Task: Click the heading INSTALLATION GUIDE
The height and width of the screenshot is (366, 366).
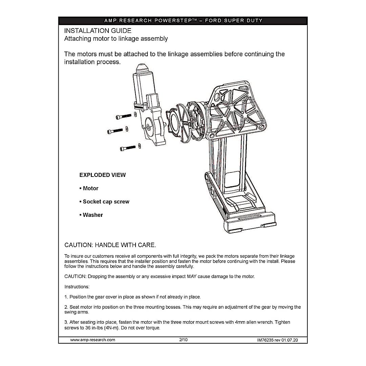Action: pos(98,31)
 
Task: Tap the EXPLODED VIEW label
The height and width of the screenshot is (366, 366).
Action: pos(102,175)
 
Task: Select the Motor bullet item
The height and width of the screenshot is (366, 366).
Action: pos(89,188)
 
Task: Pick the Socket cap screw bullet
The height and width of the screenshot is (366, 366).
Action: pos(104,202)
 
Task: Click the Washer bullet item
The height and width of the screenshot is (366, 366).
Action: pos(91,215)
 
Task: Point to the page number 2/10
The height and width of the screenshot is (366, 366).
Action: pos(183,340)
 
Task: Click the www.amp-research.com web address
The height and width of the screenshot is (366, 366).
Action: pos(93,340)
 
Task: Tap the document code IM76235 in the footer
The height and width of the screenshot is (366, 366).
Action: pos(265,340)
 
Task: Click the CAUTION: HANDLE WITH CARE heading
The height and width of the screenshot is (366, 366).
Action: pos(110,245)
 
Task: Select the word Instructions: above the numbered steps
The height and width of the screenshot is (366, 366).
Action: pos(77,287)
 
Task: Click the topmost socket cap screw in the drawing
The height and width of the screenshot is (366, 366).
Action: pos(123,116)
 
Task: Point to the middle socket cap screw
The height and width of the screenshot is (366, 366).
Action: pos(115,131)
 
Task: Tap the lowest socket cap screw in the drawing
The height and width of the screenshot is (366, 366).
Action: pos(128,148)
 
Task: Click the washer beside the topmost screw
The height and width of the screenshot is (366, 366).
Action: pos(135,115)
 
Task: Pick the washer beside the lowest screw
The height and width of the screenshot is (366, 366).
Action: pos(139,146)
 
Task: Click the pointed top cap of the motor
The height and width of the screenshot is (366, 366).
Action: pos(141,68)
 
